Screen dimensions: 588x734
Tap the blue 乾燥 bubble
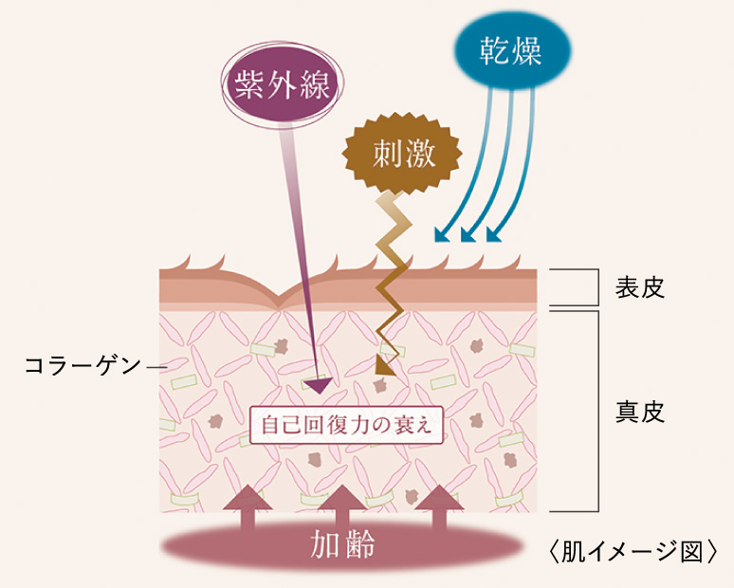click(512, 50)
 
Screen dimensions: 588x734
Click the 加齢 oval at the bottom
click(343, 545)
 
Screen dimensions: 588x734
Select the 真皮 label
click(639, 412)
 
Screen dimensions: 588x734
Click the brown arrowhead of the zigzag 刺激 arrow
click(386, 363)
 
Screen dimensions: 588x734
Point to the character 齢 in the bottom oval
click(360, 545)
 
